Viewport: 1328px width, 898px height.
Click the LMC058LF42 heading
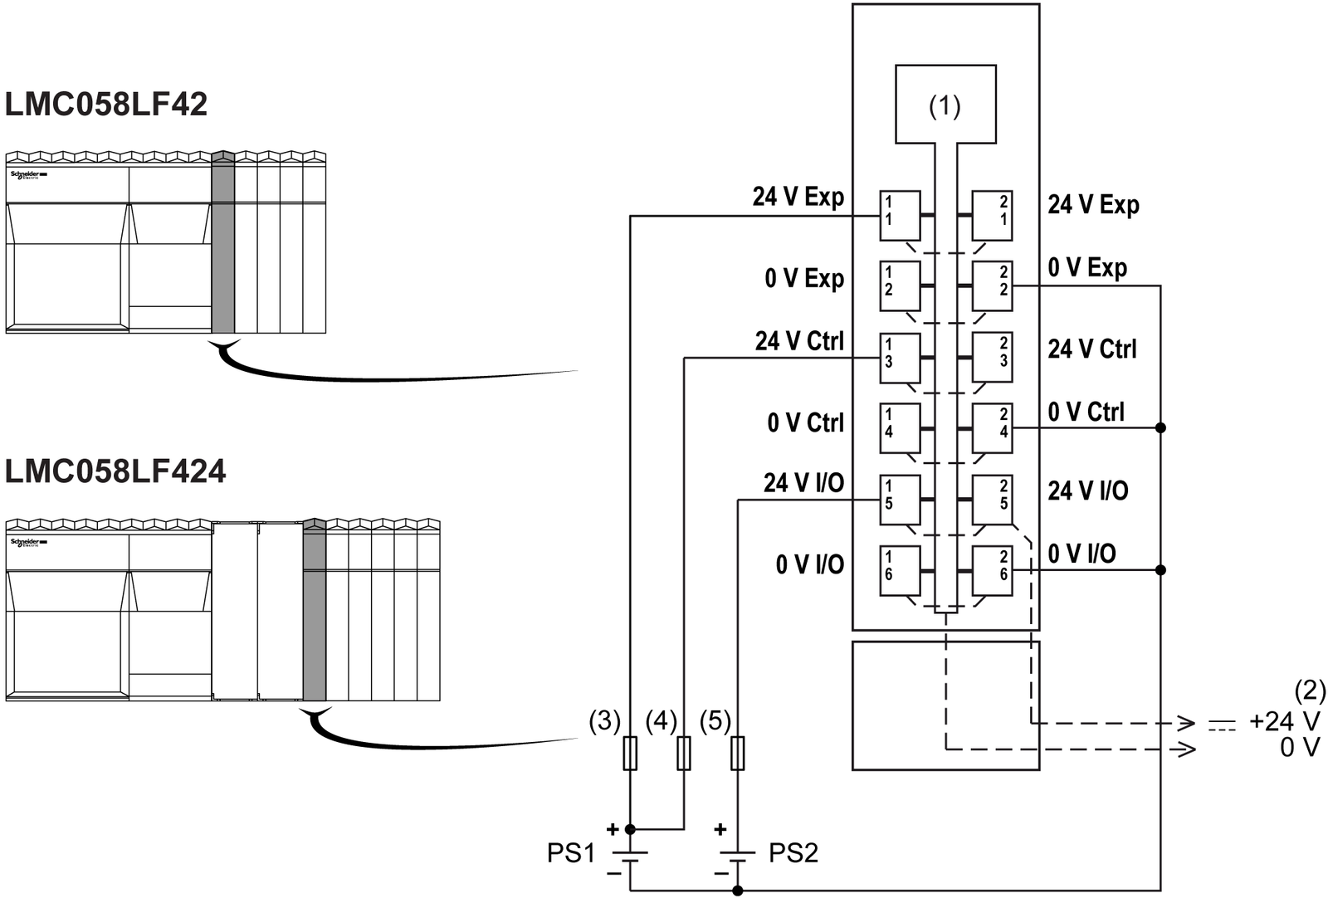106,105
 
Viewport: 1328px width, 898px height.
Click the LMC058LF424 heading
115,471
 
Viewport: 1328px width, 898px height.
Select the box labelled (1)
945,105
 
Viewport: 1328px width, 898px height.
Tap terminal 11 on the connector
900,215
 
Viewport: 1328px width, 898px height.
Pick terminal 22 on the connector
992,286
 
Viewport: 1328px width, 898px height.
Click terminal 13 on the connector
900,357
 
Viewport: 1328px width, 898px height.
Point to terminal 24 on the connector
992,427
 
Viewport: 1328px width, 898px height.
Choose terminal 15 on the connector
900,499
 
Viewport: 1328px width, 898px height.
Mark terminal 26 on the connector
992,569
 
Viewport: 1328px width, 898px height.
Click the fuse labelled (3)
630,753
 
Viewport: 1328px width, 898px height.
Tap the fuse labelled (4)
684,753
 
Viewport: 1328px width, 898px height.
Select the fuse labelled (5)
737,753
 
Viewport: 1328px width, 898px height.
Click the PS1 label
571,853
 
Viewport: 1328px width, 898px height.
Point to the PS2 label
793,853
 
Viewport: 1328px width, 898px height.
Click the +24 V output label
1284,721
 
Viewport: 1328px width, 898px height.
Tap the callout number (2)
1310,691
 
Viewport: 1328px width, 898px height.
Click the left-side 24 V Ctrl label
799,341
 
